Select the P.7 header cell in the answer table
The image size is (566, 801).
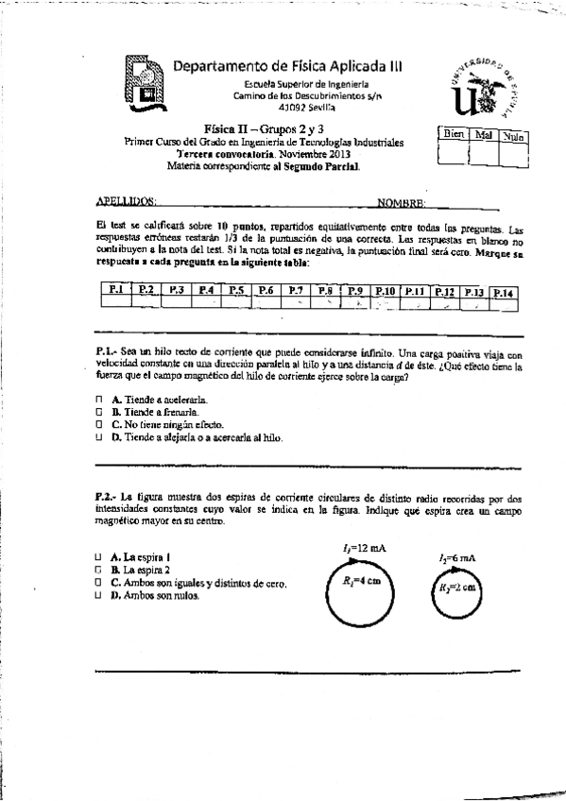tap(296, 290)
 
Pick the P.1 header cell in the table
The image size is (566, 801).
tap(115, 290)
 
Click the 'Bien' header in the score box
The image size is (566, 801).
tap(454, 137)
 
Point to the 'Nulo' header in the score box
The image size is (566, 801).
tap(513, 138)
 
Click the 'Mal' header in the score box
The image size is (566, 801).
tap(483, 137)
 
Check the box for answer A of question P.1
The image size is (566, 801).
tap(99, 400)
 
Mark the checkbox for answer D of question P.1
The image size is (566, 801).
tap(99, 437)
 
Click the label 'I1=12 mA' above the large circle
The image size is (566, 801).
tap(364, 547)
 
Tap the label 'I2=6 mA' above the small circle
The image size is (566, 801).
tap(456, 558)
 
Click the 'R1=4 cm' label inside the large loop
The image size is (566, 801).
tap(361, 583)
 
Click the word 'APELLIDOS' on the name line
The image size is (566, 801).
tap(128, 202)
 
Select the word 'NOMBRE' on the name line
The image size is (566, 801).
tap(401, 202)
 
